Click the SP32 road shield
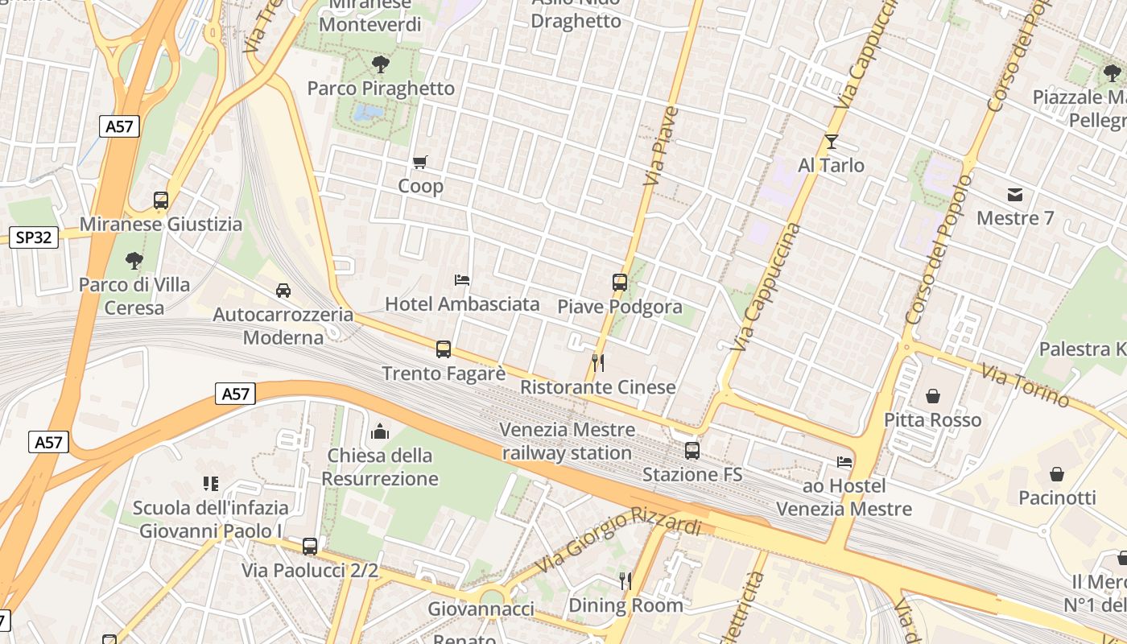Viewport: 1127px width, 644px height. (x=34, y=237)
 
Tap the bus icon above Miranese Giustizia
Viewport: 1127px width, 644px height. (x=161, y=200)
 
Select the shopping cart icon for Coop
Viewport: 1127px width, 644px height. (x=419, y=163)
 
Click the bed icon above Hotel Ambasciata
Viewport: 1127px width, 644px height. (x=462, y=280)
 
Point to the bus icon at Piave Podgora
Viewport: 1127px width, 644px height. (x=619, y=283)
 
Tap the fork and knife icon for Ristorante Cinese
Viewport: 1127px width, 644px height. (x=597, y=363)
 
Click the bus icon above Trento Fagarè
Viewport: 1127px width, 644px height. (x=444, y=349)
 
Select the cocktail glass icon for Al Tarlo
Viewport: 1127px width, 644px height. (x=832, y=142)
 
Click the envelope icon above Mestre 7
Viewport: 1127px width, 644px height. (x=1014, y=195)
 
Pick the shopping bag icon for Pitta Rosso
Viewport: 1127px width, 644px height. (x=933, y=396)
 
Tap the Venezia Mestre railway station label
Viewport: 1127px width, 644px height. (x=567, y=441)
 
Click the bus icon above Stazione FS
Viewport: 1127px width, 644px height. (x=692, y=451)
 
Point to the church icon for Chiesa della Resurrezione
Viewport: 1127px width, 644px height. (x=380, y=431)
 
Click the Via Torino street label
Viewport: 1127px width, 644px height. (x=1026, y=385)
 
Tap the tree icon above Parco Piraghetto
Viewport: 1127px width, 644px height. (x=381, y=64)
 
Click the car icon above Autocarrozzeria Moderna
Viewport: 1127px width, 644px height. (x=283, y=290)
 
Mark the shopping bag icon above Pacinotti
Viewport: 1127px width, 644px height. (x=1057, y=474)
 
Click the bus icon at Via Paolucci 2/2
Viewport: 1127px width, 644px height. (x=310, y=547)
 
